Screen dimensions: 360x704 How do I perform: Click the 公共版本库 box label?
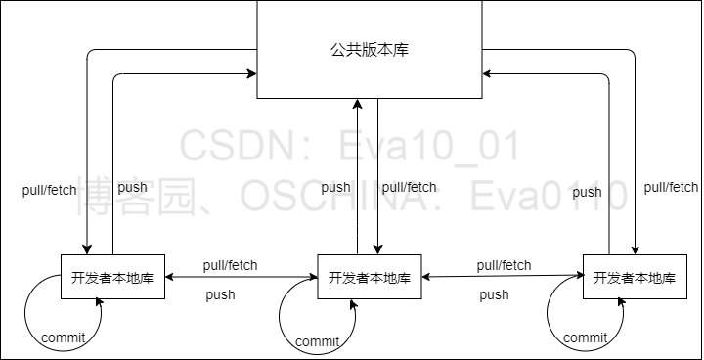click(x=369, y=50)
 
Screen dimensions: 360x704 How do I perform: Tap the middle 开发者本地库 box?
click(x=369, y=277)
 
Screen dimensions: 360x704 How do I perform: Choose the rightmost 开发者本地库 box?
click(x=634, y=277)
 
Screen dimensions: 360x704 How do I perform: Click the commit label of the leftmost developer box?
click(x=64, y=337)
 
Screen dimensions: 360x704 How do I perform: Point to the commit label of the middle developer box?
click(x=317, y=341)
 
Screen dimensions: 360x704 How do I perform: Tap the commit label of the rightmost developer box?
click(x=586, y=338)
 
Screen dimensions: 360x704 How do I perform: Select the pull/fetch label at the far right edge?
click(x=671, y=187)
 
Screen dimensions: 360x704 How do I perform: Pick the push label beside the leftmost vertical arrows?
click(x=132, y=187)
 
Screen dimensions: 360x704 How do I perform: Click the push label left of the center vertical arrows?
click(x=335, y=187)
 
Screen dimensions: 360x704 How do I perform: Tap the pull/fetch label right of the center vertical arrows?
click(x=409, y=187)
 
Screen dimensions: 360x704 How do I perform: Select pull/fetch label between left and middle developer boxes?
click(x=231, y=264)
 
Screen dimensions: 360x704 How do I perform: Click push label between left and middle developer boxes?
click(x=220, y=293)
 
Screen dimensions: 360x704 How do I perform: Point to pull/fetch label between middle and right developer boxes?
click(x=504, y=265)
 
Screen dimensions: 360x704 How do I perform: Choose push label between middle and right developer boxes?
click(x=494, y=294)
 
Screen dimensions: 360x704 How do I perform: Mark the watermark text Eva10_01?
click(x=429, y=147)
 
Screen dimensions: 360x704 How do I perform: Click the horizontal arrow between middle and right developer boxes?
click(x=504, y=277)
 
